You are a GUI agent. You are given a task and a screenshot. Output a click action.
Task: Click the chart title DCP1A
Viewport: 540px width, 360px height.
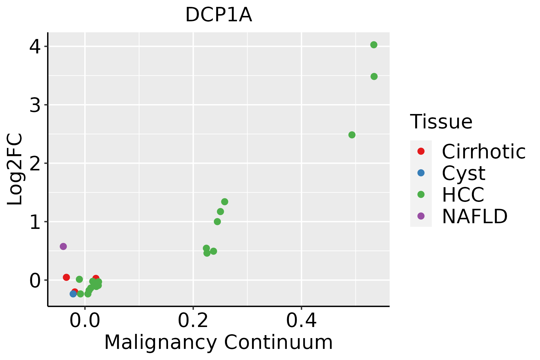[x=218, y=15]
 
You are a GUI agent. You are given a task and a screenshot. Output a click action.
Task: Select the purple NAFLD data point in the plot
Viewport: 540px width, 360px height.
[x=63, y=246]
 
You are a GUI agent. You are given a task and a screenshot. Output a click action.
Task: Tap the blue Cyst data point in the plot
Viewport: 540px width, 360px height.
[x=73, y=294]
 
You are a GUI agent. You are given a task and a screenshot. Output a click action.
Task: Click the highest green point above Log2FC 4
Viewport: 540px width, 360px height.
[x=373, y=45]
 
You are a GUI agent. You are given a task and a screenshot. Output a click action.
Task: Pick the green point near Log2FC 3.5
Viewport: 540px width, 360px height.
[x=374, y=76]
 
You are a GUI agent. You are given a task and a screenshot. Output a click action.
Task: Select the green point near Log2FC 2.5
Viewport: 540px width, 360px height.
[x=352, y=135]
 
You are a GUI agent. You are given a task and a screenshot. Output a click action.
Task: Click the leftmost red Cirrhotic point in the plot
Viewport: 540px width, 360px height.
[x=66, y=277]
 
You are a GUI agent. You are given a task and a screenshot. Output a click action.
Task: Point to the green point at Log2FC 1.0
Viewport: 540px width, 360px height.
[x=217, y=222]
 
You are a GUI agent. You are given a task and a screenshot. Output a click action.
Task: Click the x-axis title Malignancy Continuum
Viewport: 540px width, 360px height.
[x=218, y=343]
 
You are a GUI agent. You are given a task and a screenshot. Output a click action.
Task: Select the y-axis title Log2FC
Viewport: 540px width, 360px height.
[x=15, y=169]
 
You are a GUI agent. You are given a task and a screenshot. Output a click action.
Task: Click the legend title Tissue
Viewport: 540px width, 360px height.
[x=441, y=122]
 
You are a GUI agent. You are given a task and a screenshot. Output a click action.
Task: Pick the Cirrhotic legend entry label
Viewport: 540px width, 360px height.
[x=484, y=151]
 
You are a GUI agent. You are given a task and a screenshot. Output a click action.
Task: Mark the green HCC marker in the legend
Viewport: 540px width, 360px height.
[x=421, y=194]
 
